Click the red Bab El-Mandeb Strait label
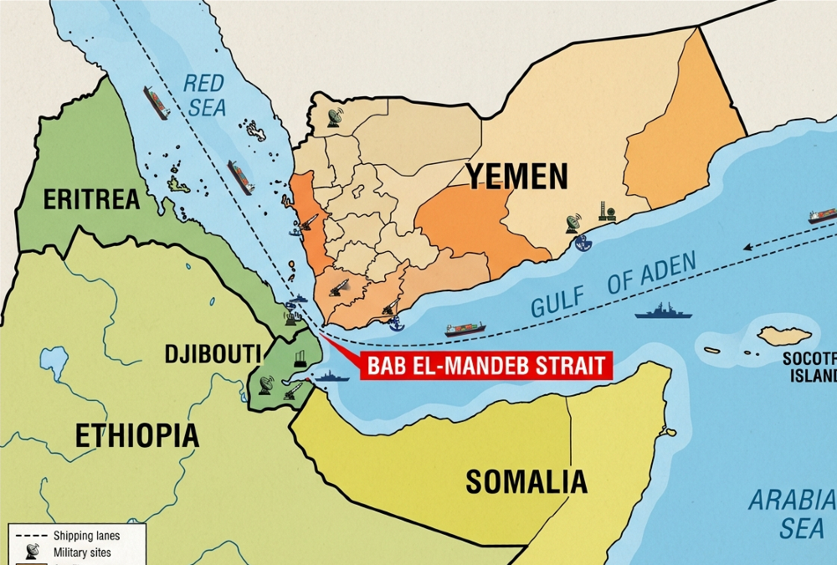coord(485,366)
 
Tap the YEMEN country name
coord(516,177)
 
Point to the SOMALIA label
coord(526,481)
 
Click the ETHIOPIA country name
coord(137,435)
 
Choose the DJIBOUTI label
coord(213,353)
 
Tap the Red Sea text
coord(204,95)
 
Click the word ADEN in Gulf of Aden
coord(661,273)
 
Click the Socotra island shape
coord(784,336)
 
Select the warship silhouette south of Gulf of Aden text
coord(663,313)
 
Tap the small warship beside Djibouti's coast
coord(331,377)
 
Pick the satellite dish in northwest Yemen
coord(335,117)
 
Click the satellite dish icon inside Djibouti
coord(266,384)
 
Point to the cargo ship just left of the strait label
coord(465,329)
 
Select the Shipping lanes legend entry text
coord(86,536)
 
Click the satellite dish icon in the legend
coord(30,551)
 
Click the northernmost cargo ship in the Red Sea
coord(156,102)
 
